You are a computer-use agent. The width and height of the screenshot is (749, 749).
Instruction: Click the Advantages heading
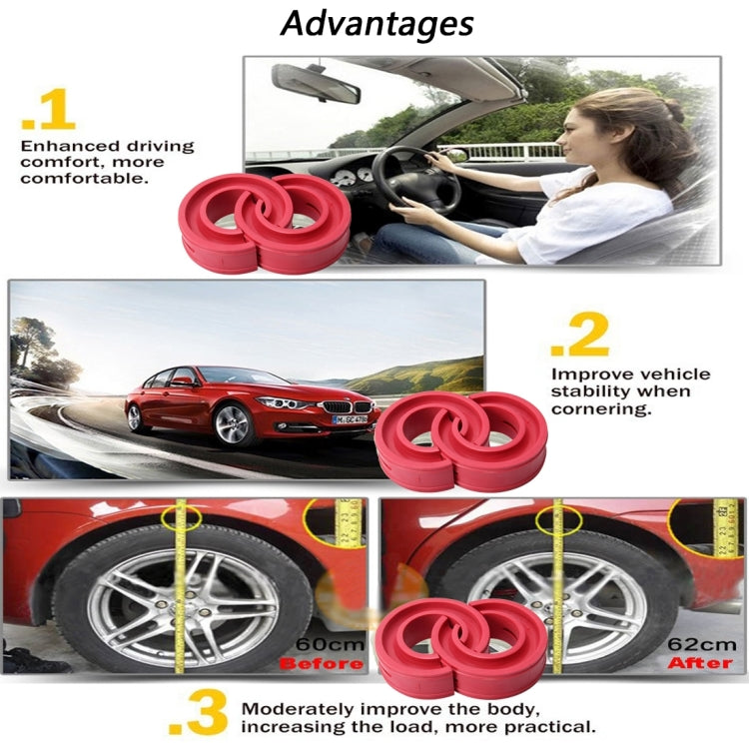[x=377, y=23]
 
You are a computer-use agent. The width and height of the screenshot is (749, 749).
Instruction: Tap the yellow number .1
[x=48, y=112]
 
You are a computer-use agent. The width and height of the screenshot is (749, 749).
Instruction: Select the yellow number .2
[x=579, y=337]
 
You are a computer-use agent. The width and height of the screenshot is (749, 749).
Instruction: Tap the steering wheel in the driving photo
[x=415, y=180]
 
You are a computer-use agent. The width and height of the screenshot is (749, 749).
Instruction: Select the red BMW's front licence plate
[x=349, y=418]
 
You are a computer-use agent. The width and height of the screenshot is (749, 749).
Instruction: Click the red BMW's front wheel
[x=232, y=424]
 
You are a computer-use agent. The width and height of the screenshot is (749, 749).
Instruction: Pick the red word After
[x=699, y=662]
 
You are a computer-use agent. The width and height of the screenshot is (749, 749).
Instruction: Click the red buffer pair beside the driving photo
[x=264, y=222]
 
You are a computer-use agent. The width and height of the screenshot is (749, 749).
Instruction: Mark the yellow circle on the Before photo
[x=181, y=517]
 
